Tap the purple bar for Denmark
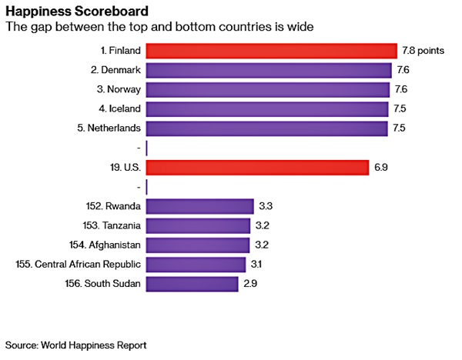coord(268,71)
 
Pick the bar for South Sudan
coord(192,284)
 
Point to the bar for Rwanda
coord(199,206)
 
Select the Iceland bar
coord(266,109)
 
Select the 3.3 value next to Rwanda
coord(267,206)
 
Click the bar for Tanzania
coord(198,226)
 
